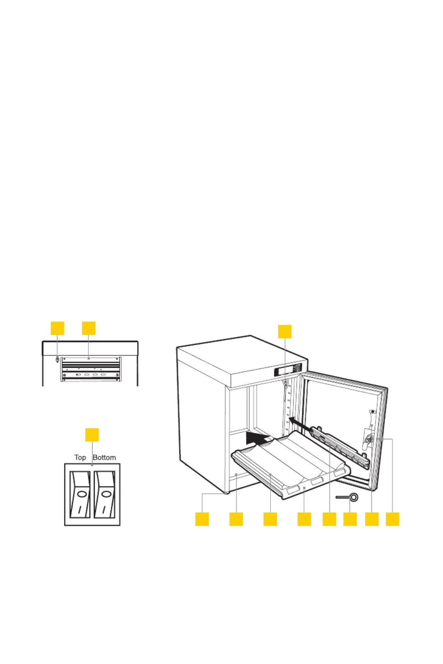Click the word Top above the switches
coord(80,457)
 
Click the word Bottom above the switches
coord(104,457)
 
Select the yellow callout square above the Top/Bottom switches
coord(92,435)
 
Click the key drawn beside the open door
coord(348,497)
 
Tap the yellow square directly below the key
coord(350,519)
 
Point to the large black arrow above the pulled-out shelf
coord(257,438)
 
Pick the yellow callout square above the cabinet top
coord(285,331)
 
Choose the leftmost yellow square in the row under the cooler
coord(202,519)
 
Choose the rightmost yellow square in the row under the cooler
coord(392,519)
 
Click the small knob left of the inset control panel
coord(57,359)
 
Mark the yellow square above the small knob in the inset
coord(57,328)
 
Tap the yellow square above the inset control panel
coord(89,328)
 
